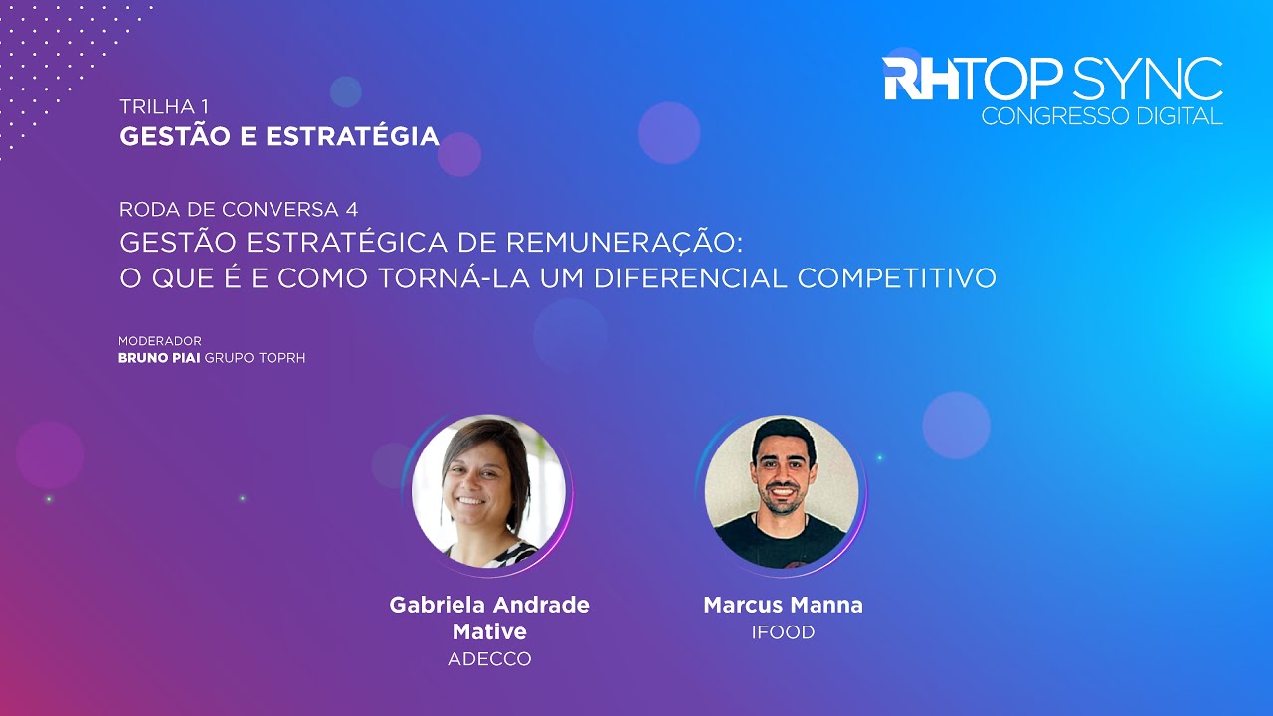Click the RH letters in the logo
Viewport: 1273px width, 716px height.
pos(921,80)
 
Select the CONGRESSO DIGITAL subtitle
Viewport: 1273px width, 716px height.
pos(1102,116)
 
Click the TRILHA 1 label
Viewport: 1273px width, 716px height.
pos(164,105)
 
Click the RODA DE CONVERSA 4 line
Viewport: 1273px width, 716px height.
pos(239,209)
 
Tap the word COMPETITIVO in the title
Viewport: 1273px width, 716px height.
pos(897,277)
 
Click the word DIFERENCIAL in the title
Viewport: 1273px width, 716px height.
pos(690,277)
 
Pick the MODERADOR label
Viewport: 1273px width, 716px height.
pos(160,341)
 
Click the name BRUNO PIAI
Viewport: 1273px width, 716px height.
pos(159,357)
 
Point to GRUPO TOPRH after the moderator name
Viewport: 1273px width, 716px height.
pos(255,357)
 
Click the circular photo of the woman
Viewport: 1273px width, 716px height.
pos(488,491)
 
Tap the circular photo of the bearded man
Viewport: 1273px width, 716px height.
pos(782,491)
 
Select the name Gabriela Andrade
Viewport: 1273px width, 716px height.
pos(489,605)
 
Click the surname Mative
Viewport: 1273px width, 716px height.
pos(489,631)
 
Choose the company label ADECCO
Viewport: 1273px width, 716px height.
pos(489,658)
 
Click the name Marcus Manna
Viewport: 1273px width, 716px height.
pos(783,605)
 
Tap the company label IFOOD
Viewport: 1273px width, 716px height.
pos(783,632)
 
